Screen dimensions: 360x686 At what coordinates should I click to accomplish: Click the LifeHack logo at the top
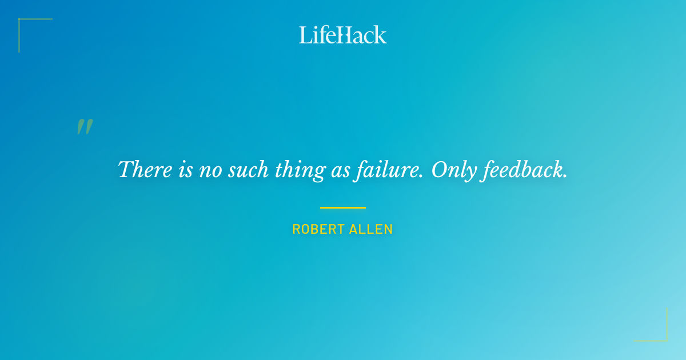[x=343, y=35]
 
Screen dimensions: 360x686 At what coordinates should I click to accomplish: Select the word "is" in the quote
[x=185, y=170]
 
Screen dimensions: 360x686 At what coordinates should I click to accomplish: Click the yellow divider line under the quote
[x=343, y=207]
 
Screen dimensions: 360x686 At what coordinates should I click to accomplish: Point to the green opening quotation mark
[x=85, y=127]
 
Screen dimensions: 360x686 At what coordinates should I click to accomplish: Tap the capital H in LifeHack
[x=344, y=35]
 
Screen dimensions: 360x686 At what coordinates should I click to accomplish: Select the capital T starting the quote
[x=125, y=169]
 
